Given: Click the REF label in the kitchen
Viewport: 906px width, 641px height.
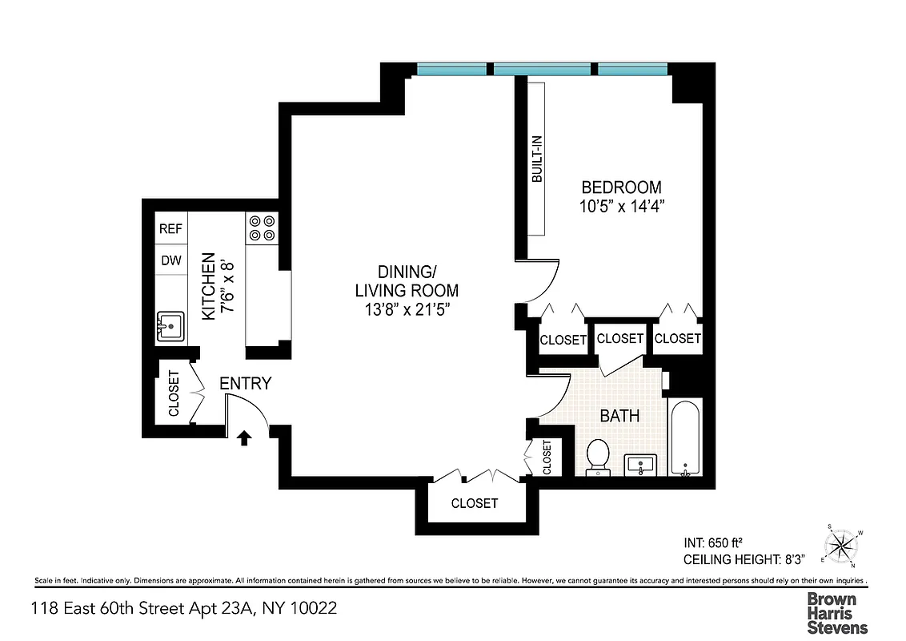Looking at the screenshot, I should [x=170, y=228].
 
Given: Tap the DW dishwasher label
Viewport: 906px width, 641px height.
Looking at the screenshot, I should [x=170, y=260].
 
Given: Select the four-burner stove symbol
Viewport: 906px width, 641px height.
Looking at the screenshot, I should [x=262, y=228].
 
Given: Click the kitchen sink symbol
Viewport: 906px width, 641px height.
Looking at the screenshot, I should [x=169, y=327].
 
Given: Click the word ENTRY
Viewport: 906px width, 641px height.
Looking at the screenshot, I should [x=246, y=384].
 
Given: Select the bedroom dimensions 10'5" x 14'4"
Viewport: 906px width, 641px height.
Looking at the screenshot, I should [x=623, y=206].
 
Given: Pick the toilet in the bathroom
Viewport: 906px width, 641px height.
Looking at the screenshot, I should [x=597, y=457].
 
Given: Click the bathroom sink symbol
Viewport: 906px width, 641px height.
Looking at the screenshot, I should [x=641, y=464].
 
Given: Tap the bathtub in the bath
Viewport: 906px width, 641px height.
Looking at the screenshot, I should [x=684, y=438].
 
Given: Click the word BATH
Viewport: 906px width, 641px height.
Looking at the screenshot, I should [x=619, y=416].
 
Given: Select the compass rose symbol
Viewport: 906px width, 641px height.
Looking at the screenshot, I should [x=842, y=546].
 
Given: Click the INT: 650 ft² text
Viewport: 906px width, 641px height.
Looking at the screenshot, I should [x=716, y=542].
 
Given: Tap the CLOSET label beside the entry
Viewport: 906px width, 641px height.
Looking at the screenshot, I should [x=174, y=393].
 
